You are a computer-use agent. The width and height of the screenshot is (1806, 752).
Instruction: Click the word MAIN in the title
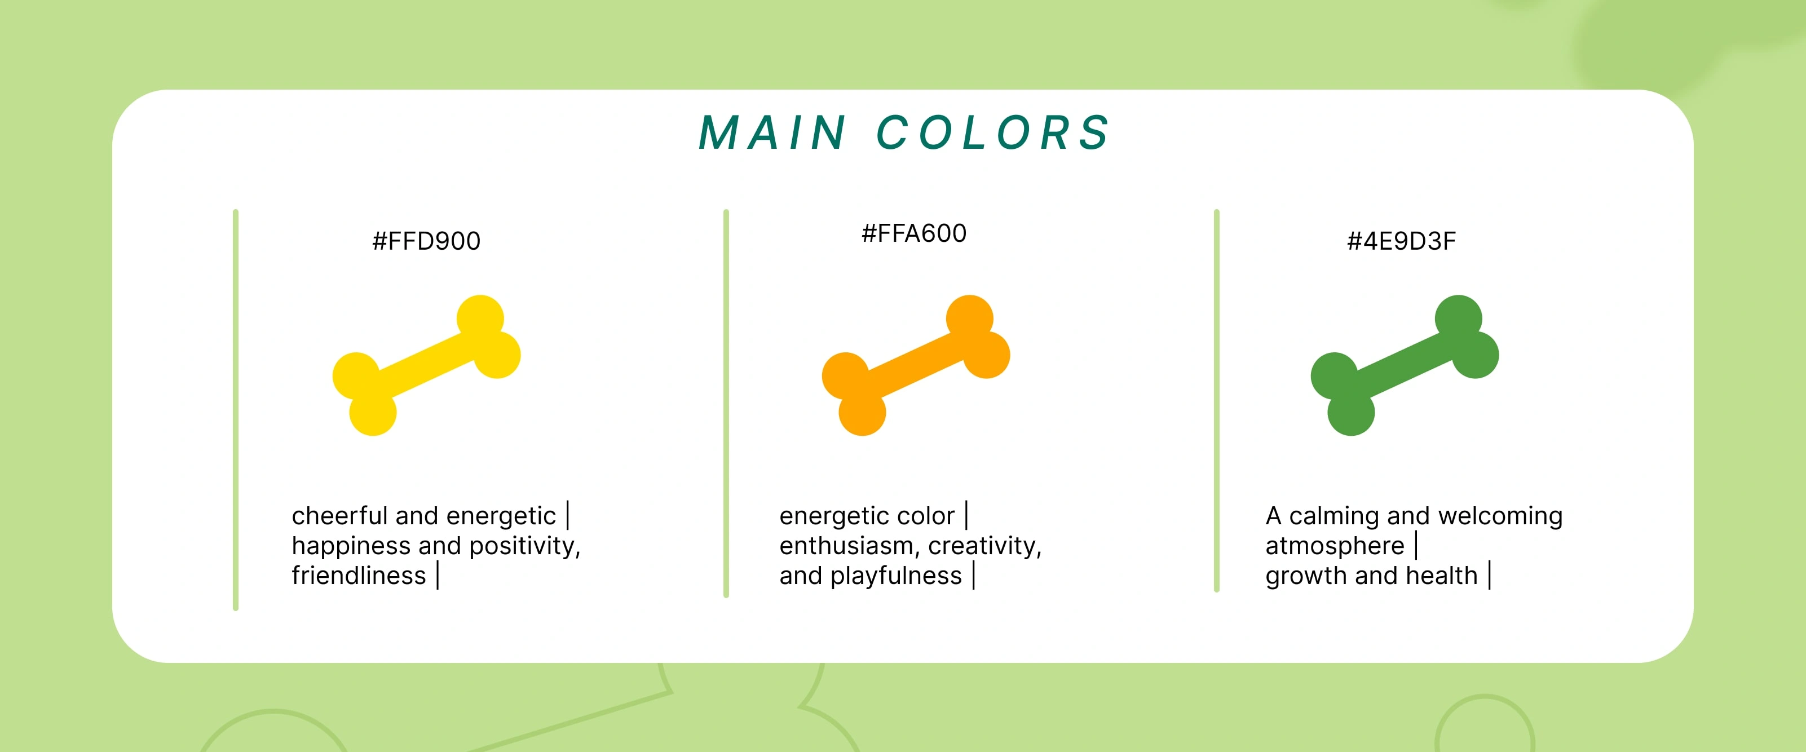point(772,132)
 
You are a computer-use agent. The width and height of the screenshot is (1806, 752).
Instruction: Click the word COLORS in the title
point(993,132)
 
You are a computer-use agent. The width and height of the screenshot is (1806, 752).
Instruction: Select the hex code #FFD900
point(426,241)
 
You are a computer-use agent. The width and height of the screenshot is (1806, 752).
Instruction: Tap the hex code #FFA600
point(914,233)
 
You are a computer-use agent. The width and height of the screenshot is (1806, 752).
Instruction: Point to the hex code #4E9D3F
point(1402,241)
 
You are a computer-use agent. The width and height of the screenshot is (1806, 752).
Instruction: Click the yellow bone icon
point(426,365)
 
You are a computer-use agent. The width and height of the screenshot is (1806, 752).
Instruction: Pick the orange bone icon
point(916,365)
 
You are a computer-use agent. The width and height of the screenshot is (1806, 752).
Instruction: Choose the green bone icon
point(1405,365)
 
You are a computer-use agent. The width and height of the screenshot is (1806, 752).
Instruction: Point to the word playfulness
point(896,576)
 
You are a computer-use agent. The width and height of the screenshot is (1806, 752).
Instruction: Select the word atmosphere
point(1335,546)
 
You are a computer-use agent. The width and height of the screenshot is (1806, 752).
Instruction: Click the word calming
point(1334,516)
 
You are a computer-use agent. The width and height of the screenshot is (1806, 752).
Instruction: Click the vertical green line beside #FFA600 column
point(726,404)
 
